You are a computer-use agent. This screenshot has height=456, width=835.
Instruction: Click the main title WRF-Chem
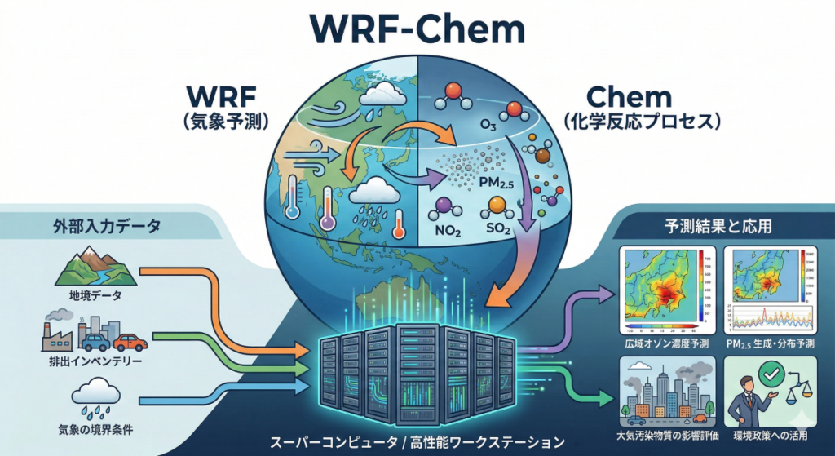tap(417, 31)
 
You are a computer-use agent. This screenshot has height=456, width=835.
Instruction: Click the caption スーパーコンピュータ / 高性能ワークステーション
tap(417, 443)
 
